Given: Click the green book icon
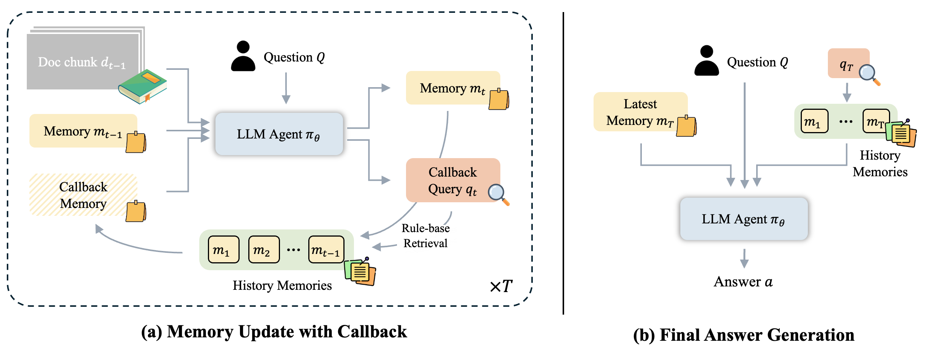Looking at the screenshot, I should pos(142,86).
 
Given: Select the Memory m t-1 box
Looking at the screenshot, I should pos(83,131).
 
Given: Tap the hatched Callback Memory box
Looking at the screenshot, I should pos(83,195).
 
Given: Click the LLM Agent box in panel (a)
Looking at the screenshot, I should pos(279,134).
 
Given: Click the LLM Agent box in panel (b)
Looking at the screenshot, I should pos(743,219).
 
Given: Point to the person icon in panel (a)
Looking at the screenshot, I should pos(243,56).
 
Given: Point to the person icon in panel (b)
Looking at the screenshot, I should pos(706,61).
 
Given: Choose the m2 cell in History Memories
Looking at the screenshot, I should pos(264,250).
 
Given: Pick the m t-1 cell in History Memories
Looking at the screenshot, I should pos(326,250).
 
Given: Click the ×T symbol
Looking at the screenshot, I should pos(501,286).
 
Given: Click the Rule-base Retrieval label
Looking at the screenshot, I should pos(425,236).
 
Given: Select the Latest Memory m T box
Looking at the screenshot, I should pos(640,112).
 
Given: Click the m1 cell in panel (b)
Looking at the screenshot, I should pos(814,122).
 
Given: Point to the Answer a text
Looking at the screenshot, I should pos(743,282).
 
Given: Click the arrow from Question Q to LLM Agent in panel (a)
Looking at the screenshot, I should pos(286,88).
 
